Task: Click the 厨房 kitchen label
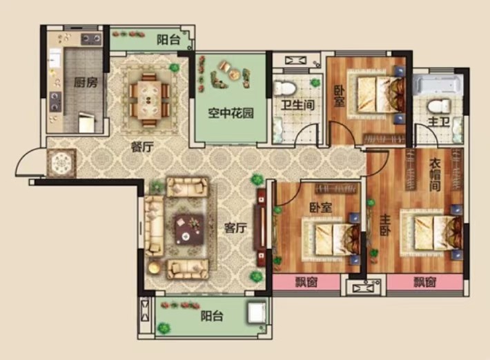pos(86,83)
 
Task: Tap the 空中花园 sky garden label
pos(231,113)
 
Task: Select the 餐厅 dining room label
pos(142,147)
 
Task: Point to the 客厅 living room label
pos(235,228)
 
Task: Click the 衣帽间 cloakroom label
pos(435,174)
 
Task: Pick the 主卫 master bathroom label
pos(439,122)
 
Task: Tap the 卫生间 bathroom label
pos(297,105)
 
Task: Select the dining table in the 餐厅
pos(149,99)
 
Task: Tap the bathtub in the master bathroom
pos(438,83)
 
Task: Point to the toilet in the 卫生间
pos(284,88)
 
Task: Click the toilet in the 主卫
pos(439,106)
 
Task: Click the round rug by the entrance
pos(61,163)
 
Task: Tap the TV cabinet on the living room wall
pos(261,227)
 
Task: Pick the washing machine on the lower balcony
pos(257,312)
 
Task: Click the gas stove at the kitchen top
pos(92,39)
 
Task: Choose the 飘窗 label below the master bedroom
pos(425,282)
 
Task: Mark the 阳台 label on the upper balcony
pos(168,39)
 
